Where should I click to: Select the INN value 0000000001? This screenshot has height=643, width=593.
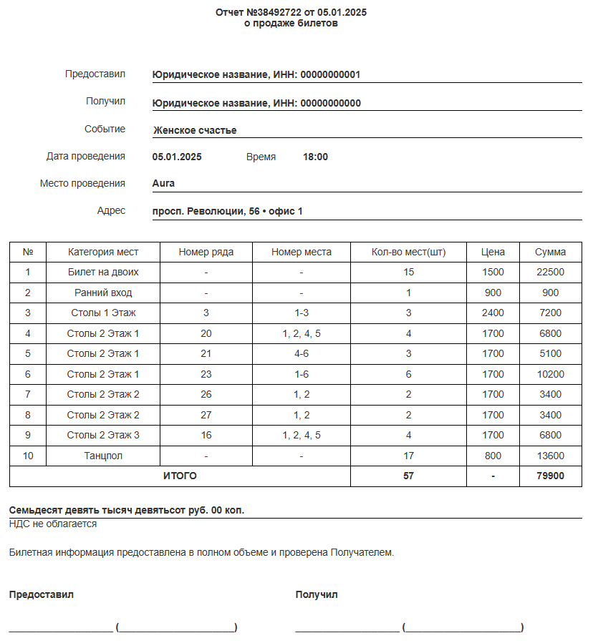[x=330, y=75]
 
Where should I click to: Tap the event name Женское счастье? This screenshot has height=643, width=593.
[x=195, y=130]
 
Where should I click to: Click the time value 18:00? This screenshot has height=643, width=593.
[x=315, y=157]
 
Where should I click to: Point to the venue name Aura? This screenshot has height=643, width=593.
[x=163, y=183]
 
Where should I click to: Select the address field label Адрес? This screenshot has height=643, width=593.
[x=111, y=210]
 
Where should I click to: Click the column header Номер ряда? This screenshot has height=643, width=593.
[x=206, y=252]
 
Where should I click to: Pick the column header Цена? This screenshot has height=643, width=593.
[x=493, y=252]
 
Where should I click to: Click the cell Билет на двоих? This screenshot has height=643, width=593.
[x=103, y=273]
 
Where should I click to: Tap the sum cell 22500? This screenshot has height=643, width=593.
[x=550, y=273]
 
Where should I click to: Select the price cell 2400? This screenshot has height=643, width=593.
[x=493, y=313]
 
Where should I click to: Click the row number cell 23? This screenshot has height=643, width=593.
[x=206, y=374]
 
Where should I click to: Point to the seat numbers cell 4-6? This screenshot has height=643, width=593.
[x=302, y=353]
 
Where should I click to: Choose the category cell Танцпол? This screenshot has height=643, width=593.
[x=103, y=456]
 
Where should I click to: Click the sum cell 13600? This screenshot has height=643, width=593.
[x=550, y=456]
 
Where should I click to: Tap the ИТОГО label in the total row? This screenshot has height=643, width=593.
[x=180, y=476]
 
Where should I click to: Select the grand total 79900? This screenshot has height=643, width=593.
[x=550, y=476]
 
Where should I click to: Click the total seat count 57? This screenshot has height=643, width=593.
[x=408, y=476]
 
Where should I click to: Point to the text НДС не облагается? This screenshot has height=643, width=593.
[x=53, y=524]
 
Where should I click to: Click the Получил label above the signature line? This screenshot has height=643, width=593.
[x=316, y=594]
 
